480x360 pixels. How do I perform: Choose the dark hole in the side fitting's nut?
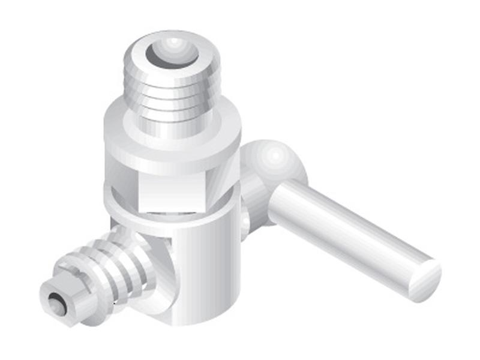point(55,305)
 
